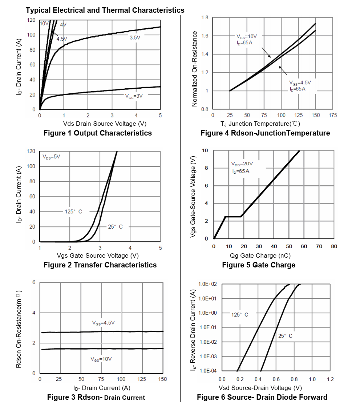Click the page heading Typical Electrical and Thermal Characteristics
[105, 10]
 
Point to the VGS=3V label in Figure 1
[133, 96]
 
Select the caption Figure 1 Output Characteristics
[98, 133]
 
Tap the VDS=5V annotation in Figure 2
[51, 157]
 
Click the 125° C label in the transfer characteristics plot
[73, 211]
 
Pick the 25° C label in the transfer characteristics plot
[115, 227]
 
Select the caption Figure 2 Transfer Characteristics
[100, 265]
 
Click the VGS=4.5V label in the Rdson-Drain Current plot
[103, 323]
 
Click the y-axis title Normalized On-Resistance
[195, 69]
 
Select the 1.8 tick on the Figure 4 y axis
[205, 18]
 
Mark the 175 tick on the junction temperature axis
[333, 115]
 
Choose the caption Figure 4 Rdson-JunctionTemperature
[265, 133]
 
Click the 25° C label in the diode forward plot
[285, 336]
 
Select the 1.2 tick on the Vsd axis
[330, 379]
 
